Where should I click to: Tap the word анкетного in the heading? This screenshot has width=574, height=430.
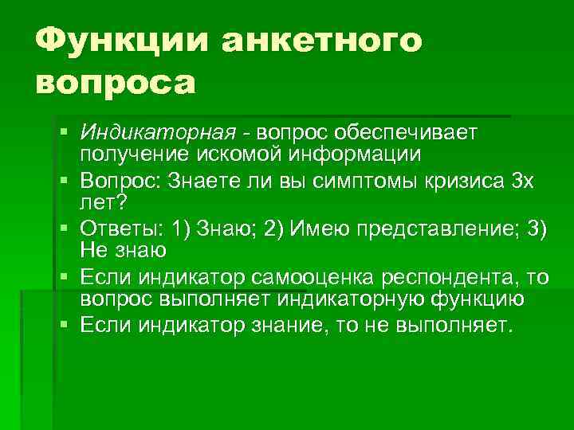323,40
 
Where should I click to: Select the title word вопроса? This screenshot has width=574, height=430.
116,84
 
